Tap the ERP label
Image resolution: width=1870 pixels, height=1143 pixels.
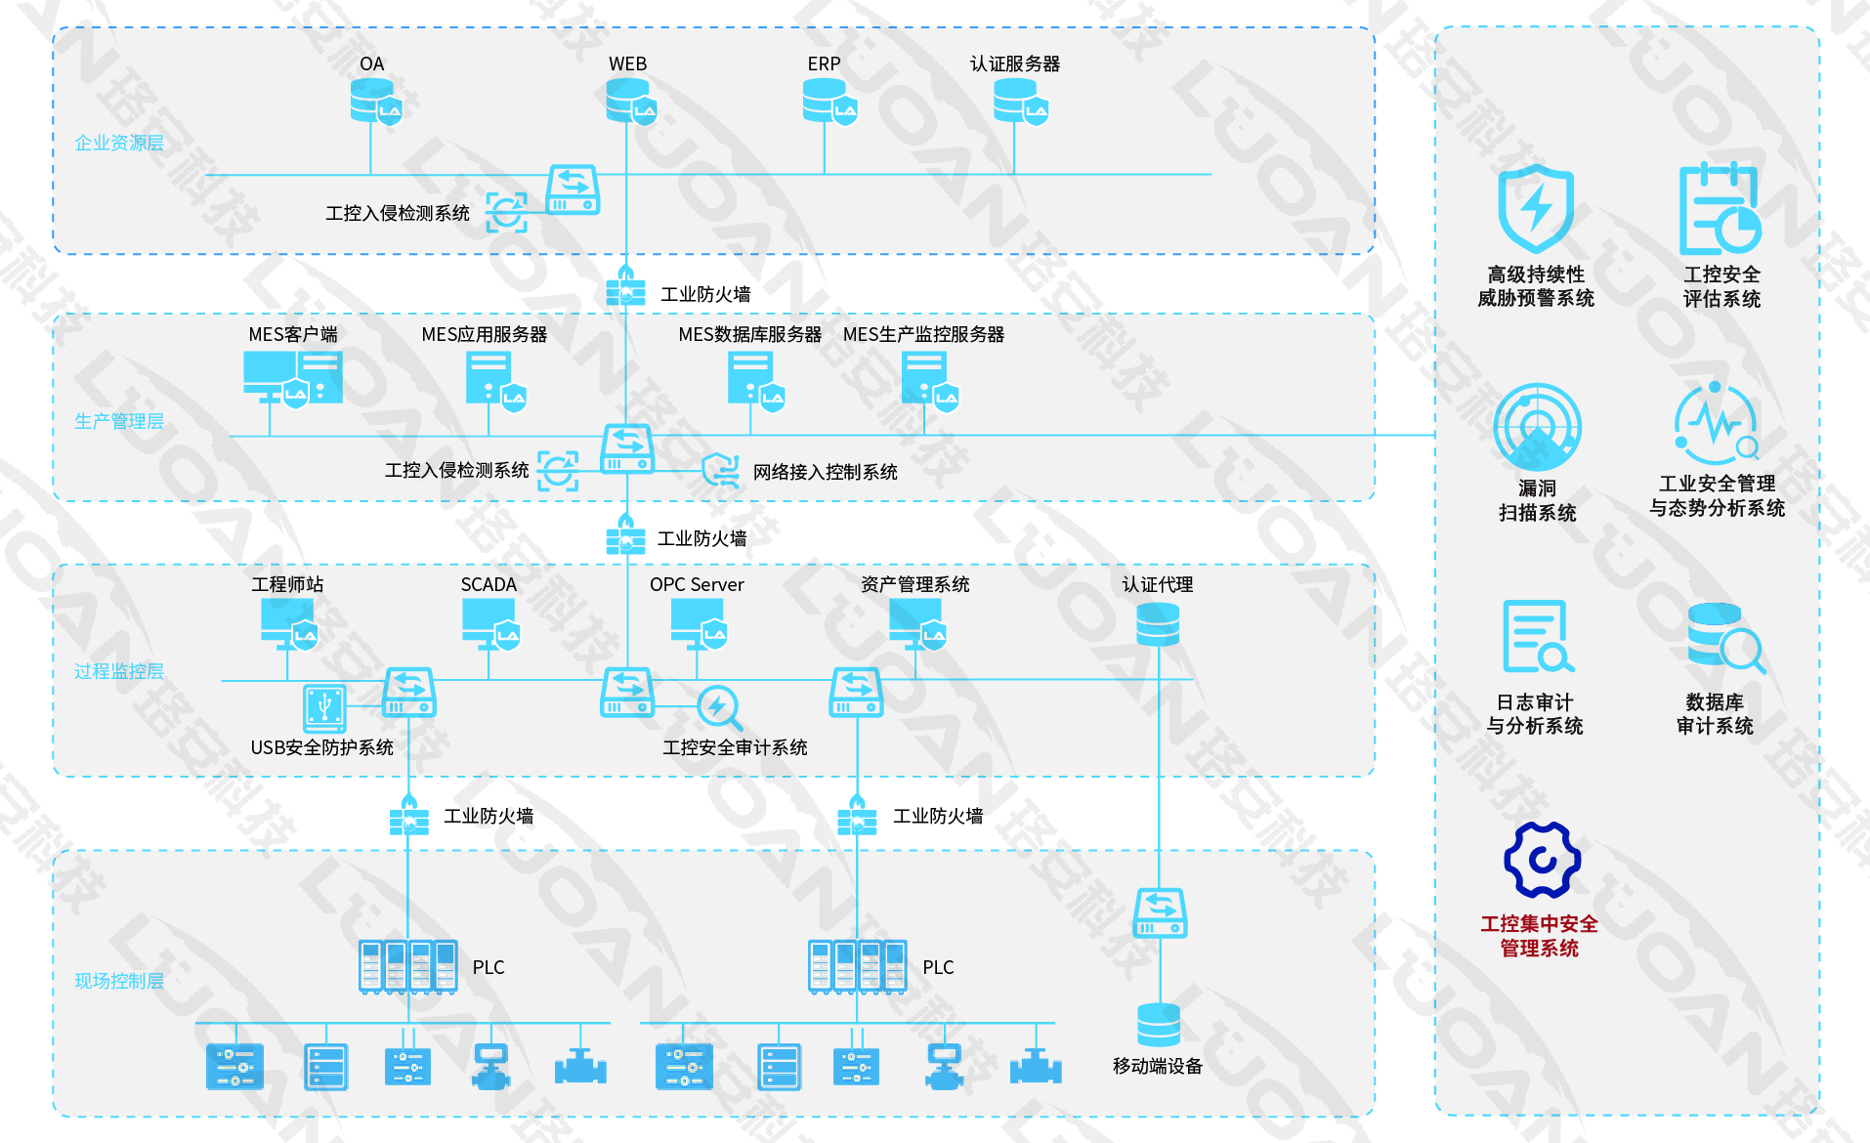(x=824, y=64)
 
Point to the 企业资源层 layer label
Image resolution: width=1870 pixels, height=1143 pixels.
(x=119, y=144)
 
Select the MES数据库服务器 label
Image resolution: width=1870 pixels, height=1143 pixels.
(x=749, y=335)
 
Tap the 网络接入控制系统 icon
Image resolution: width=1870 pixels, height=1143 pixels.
(x=721, y=471)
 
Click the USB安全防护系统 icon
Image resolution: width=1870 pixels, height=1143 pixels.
(x=324, y=708)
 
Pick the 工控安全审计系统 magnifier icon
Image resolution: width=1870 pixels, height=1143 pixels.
(x=720, y=708)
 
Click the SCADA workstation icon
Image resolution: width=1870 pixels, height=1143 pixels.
(x=490, y=623)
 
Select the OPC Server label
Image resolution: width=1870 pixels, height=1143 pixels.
(x=697, y=585)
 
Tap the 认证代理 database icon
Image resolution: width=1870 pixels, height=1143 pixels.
(x=1158, y=624)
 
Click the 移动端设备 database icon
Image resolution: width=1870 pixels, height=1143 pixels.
(x=1159, y=1025)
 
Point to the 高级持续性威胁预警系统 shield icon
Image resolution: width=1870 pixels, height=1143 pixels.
(x=1536, y=209)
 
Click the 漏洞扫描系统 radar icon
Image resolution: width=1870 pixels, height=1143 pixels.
(x=1537, y=427)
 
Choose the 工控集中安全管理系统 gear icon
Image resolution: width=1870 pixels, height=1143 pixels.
(x=1541, y=860)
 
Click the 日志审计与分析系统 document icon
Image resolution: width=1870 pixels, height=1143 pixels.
(x=1537, y=637)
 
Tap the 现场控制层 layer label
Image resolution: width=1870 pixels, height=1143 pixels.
(x=119, y=981)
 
